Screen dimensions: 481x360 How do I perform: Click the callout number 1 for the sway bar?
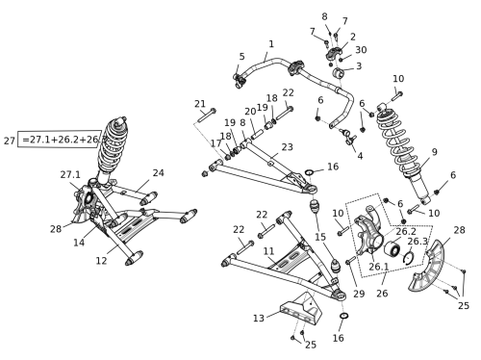click(x=271, y=44)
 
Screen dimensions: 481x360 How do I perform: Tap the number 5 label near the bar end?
click(x=241, y=57)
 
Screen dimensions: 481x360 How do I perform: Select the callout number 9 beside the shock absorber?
click(x=434, y=152)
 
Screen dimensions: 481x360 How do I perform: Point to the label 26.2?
click(x=406, y=231)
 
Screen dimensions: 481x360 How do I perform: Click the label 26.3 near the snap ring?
click(x=418, y=242)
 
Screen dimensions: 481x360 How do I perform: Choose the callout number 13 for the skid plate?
click(x=259, y=319)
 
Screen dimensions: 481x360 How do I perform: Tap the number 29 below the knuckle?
click(x=359, y=294)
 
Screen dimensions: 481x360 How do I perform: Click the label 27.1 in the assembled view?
click(x=70, y=175)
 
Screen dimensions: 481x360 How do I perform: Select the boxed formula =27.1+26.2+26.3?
click(x=60, y=140)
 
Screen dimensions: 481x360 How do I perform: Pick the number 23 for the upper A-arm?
click(x=288, y=147)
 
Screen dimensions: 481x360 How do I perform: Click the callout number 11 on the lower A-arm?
click(x=268, y=251)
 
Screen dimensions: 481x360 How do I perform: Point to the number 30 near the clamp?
click(x=361, y=50)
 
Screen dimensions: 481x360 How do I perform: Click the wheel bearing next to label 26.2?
click(x=392, y=249)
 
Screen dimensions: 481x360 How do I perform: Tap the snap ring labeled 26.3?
click(x=409, y=258)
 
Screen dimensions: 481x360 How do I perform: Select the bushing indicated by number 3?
click(x=338, y=73)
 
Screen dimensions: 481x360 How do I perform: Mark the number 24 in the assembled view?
click(x=158, y=173)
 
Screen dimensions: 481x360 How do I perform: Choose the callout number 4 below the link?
click(x=360, y=156)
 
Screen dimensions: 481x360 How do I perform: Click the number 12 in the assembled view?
click(x=101, y=261)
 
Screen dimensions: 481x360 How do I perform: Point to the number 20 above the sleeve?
click(x=250, y=112)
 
